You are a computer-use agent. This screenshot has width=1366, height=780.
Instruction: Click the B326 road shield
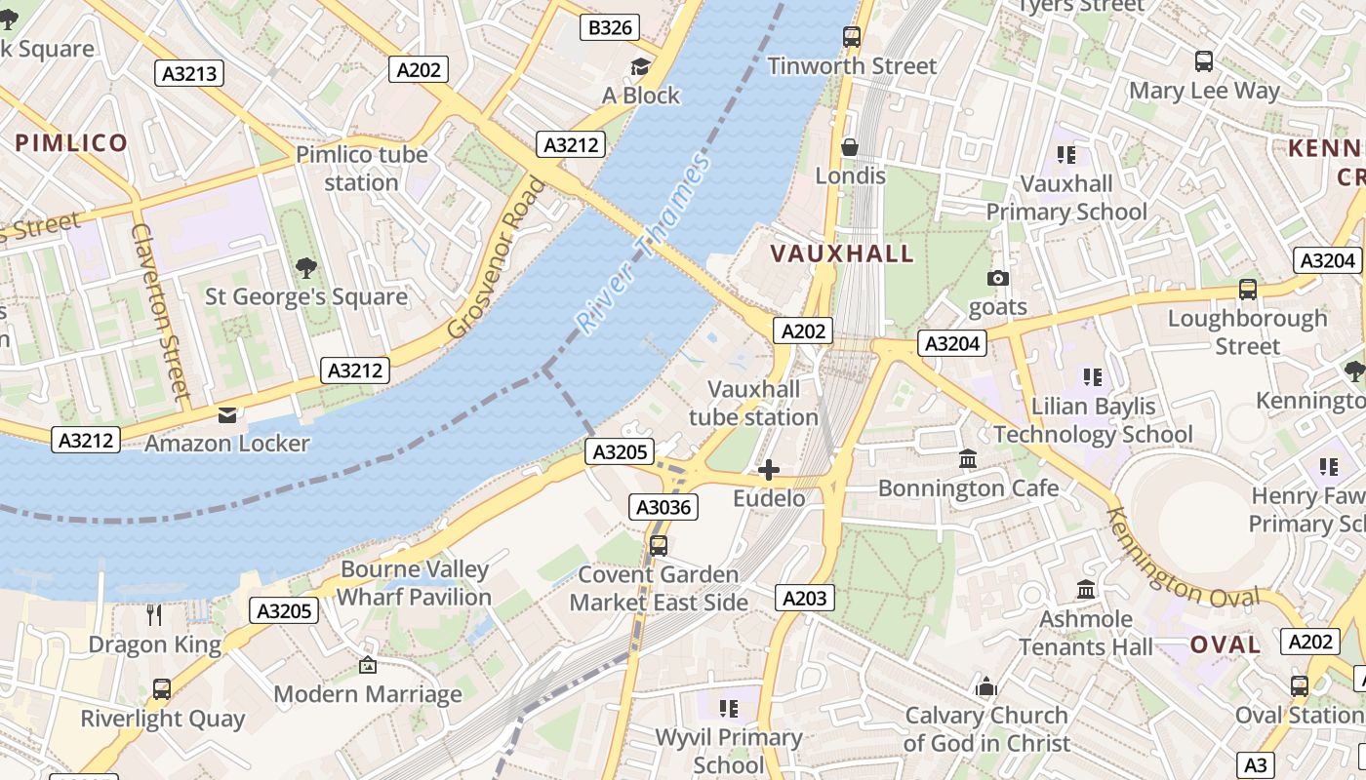[x=611, y=27]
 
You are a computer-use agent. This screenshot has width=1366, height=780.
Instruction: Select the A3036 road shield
[x=663, y=506]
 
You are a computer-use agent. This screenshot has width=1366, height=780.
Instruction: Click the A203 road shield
[x=805, y=598]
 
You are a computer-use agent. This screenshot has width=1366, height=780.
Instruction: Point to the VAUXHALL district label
[x=842, y=253]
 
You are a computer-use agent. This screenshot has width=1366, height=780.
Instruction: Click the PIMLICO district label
[x=71, y=143]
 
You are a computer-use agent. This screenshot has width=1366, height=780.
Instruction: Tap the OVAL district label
[x=1225, y=644]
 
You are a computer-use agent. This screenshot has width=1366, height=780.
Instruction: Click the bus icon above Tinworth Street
[x=852, y=37]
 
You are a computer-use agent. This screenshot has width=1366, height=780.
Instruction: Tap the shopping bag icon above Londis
[x=850, y=147]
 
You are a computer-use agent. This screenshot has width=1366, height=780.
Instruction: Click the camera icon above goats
[x=997, y=279]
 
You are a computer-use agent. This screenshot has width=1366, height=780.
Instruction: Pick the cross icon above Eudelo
[x=769, y=471]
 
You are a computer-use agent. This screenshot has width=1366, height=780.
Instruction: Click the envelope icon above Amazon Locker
[x=227, y=415]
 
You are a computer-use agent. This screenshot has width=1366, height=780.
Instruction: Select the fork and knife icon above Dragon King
[x=154, y=614]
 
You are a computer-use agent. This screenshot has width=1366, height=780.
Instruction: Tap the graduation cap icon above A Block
[x=640, y=66]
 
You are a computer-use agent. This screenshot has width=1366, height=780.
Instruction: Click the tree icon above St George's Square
[x=305, y=267]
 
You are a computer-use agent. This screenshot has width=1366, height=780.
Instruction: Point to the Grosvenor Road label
[x=495, y=257]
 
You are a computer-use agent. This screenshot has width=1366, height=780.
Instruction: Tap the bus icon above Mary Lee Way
[x=1204, y=61]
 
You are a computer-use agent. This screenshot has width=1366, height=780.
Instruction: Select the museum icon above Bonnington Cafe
[x=968, y=458]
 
